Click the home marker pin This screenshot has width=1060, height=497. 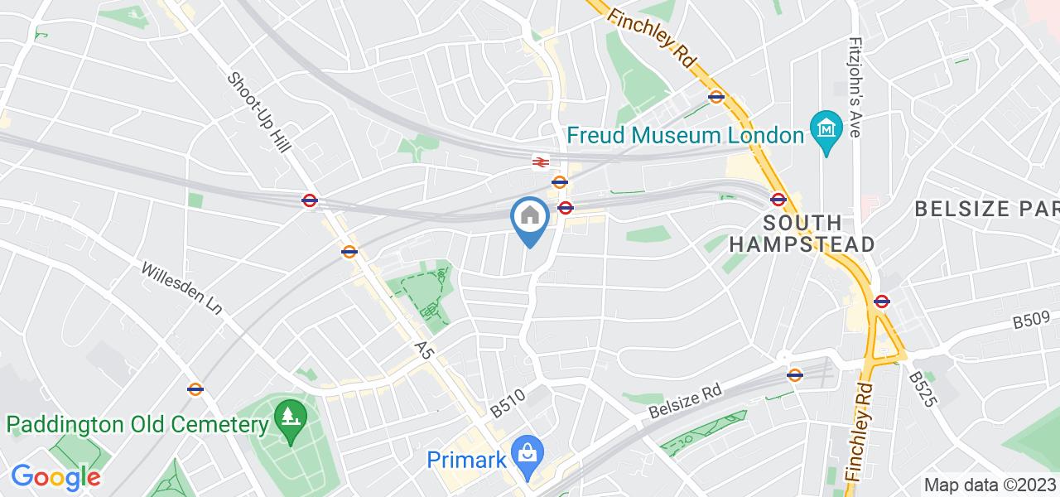click(530, 220)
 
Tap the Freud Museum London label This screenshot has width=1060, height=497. click(684, 135)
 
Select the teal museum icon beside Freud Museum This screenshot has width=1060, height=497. click(827, 128)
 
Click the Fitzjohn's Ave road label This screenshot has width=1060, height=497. click(857, 79)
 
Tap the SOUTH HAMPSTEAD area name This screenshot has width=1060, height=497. click(802, 234)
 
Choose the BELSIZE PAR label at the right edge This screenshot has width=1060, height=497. click(986, 209)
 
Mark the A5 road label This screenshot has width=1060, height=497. click(424, 351)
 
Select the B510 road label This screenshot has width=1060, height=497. click(508, 403)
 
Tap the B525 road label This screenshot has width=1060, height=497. click(923, 388)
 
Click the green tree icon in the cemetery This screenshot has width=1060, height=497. click(289, 415)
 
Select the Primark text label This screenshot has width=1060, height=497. click(466, 459)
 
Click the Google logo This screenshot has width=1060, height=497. click(55, 477)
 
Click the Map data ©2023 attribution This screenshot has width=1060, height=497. click(990, 485)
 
